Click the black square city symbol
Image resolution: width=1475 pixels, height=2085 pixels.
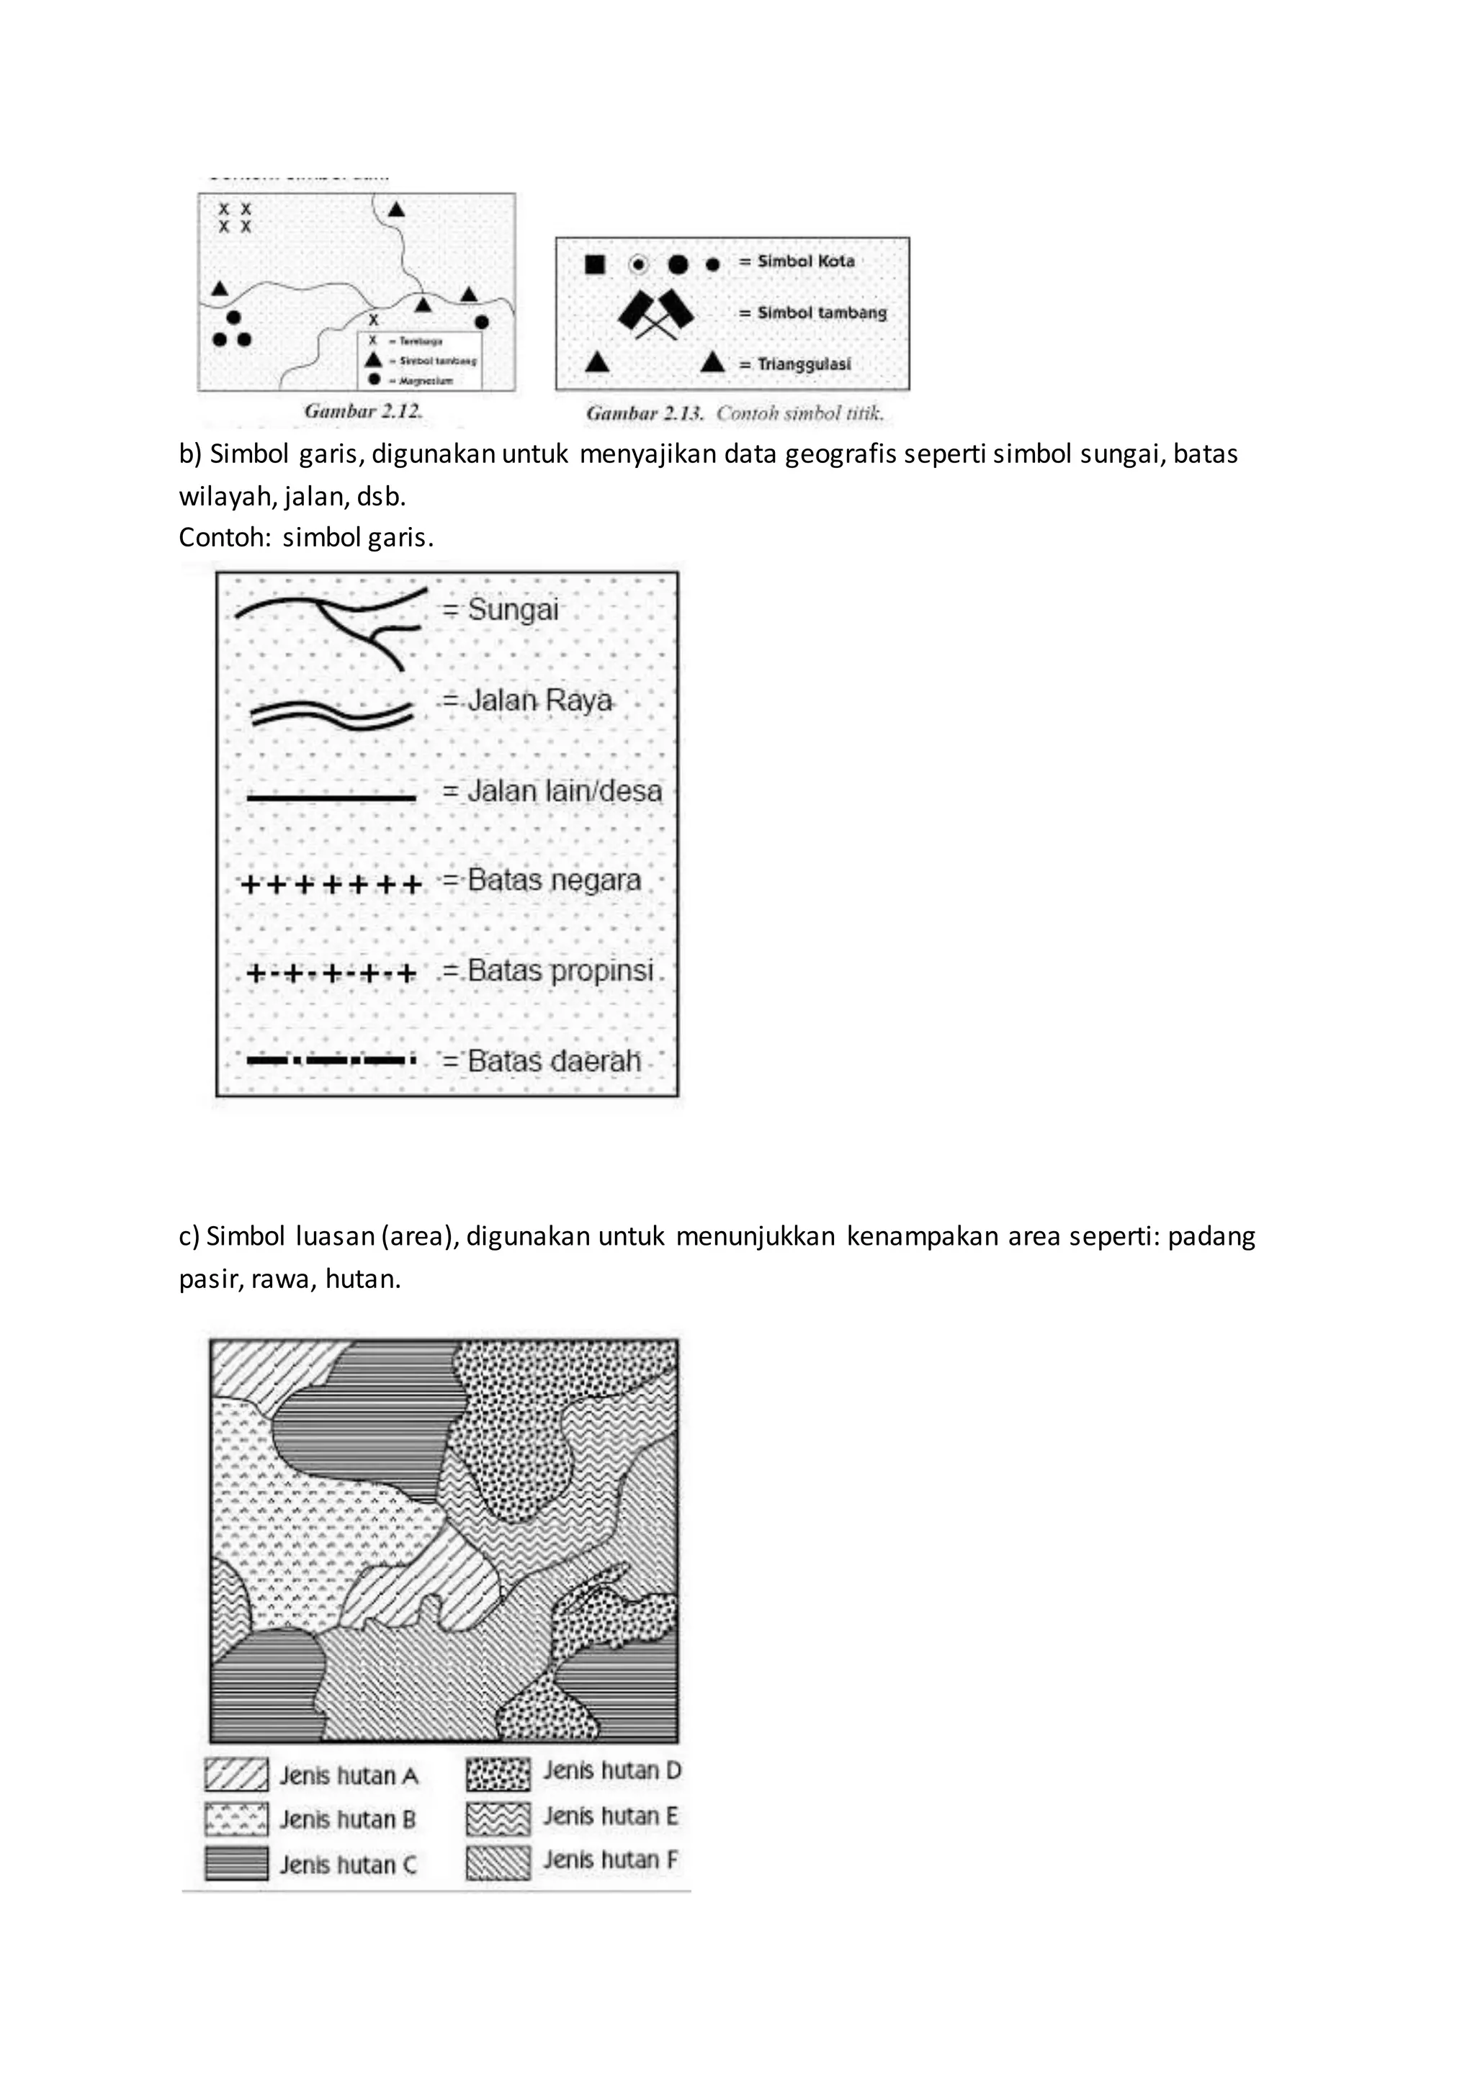(x=594, y=264)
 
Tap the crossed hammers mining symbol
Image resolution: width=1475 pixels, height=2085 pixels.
(x=656, y=314)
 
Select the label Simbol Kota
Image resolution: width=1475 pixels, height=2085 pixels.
(x=806, y=261)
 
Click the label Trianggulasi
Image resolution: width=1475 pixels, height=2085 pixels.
(x=804, y=364)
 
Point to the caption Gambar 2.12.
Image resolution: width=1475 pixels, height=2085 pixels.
(x=363, y=411)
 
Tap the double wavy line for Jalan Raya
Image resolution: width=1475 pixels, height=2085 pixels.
(x=331, y=715)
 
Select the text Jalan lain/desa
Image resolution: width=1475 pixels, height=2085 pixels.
(x=564, y=791)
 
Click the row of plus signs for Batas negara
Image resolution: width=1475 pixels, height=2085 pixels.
(x=331, y=885)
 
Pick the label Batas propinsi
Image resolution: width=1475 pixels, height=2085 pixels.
(x=560, y=971)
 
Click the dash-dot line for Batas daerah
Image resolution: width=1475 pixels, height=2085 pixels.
(x=331, y=1060)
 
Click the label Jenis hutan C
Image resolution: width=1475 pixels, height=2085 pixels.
(x=348, y=1865)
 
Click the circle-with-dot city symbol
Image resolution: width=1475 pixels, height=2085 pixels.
(x=639, y=264)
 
